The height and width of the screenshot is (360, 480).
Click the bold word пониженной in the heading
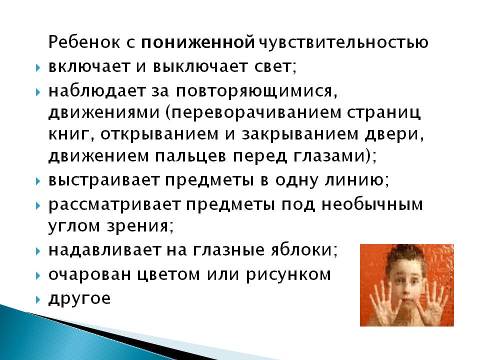pos(198,42)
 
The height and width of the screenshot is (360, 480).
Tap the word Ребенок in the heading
pos(84,42)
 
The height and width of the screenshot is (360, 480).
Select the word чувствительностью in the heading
pos(343,42)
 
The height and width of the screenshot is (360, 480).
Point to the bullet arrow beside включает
pos(38,67)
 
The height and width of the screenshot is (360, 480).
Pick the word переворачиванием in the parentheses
pos(256,112)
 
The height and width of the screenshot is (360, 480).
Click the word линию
pos(354,180)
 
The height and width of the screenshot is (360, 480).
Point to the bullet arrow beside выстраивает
pos(38,181)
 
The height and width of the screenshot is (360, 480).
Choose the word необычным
pos(372,204)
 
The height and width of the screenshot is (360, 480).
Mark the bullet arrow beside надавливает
pos(38,251)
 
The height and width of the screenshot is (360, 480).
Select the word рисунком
pos(288,275)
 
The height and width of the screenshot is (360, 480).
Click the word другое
pos(79,299)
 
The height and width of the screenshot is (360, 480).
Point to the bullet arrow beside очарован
pos(38,275)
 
